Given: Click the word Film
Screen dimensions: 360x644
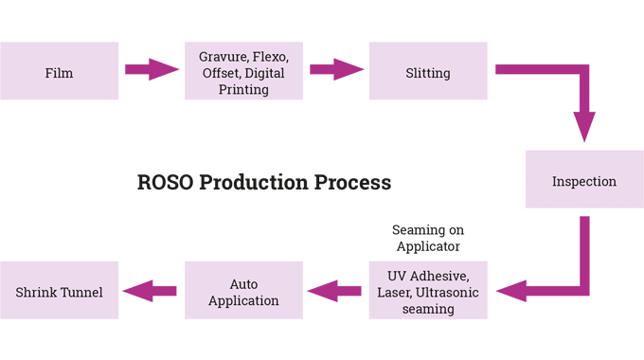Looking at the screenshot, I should point(59,73).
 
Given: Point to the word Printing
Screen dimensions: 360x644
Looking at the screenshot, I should point(242,90).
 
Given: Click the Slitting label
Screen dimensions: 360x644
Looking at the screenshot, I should point(427,73).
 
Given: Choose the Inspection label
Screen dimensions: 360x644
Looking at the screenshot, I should point(584,181).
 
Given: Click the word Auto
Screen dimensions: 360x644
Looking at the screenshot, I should point(244,284).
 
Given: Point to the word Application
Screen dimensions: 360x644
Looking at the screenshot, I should point(244,300).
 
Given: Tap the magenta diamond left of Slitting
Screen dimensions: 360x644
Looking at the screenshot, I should point(336,73).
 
